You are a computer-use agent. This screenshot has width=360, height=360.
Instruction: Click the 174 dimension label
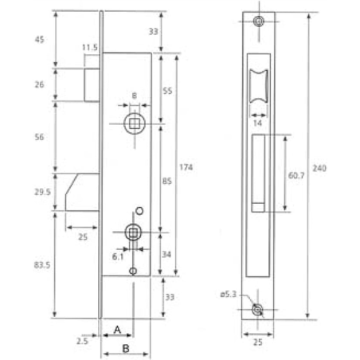pyautogui.click(x=186, y=168)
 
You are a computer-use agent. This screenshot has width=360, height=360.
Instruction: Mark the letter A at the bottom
pyautogui.click(x=117, y=329)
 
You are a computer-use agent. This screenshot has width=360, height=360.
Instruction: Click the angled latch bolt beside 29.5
pyautogui.click(x=83, y=191)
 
